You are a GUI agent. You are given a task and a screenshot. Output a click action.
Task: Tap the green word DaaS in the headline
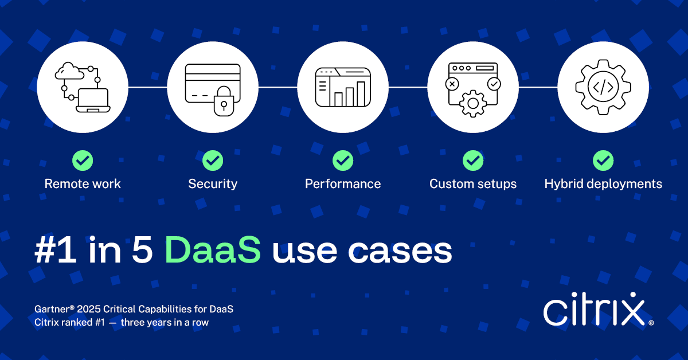(213, 251)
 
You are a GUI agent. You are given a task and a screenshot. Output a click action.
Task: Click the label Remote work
(83, 184)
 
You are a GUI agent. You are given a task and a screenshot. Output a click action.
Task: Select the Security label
(213, 184)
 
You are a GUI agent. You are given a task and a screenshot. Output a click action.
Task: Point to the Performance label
(343, 184)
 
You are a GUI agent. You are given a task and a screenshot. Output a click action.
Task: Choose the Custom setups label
(473, 184)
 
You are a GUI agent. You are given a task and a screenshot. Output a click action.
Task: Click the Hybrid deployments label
(603, 184)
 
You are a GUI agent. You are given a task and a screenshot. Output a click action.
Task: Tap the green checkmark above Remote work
(83, 161)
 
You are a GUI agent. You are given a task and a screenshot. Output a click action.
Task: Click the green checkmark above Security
(213, 161)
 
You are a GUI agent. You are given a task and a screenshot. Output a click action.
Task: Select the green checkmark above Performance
(343, 161)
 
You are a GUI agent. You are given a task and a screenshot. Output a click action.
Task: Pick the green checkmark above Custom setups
(473, 161)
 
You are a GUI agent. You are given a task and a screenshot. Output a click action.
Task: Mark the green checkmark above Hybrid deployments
(603, 161)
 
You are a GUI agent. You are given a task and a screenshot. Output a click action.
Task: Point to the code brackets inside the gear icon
(603, 87)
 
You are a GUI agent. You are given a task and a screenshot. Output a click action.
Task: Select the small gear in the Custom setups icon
(473, 103)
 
